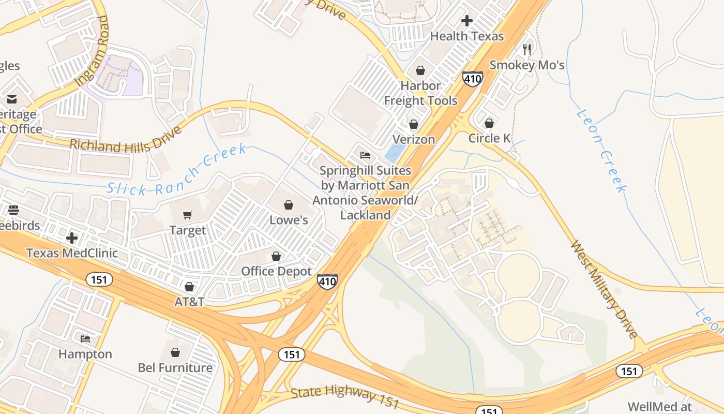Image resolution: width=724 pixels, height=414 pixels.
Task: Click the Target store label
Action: (188, 230)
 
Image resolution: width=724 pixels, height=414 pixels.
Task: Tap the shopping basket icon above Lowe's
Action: (289, 205)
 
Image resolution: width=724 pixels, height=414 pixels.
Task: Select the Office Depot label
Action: (276, 271)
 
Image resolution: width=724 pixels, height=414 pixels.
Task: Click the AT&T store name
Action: (189, 302)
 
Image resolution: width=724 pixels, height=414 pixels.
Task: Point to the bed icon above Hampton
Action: (85, 339)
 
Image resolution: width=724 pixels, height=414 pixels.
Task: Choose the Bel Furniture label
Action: (175, 367)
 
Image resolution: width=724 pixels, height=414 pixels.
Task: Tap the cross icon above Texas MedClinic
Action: (72, 238)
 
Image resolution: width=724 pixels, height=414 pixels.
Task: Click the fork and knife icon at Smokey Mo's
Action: (527, 50)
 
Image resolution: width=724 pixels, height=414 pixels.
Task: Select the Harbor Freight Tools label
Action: (420, 93)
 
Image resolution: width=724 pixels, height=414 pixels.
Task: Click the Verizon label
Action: (414, 139)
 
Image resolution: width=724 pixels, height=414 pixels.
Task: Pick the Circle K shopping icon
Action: (489, 123)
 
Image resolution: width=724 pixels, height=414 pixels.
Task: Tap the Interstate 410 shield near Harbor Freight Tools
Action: (473, 79)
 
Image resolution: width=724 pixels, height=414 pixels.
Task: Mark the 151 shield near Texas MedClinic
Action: (99, 280)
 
